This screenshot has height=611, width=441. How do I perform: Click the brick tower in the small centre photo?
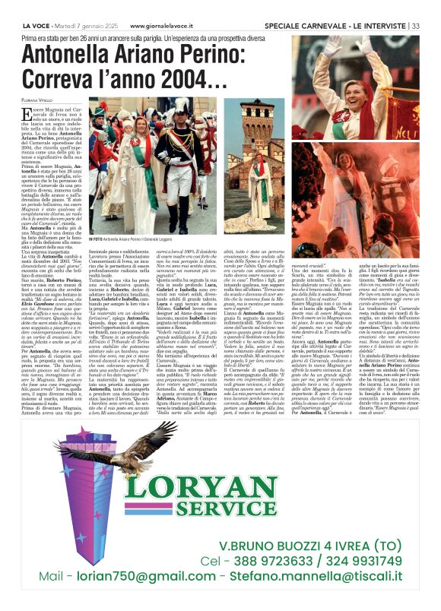click(x=253, y=125)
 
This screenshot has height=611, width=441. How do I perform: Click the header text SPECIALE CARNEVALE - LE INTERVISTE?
click(x=341, y=5)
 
